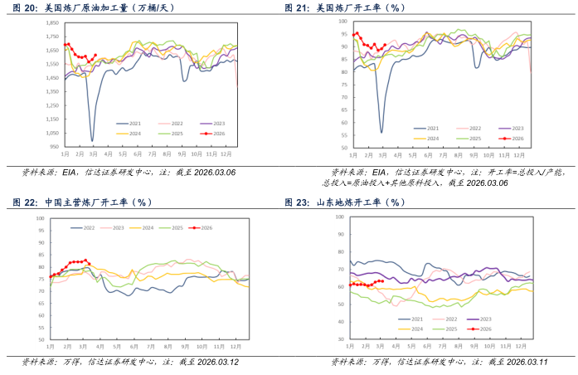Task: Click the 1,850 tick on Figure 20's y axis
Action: [x=51, y=22]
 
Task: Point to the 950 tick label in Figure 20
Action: [x=53, y=147]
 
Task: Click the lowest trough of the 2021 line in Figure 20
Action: [x=91, y=140]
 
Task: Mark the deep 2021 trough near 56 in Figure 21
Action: [x=381, y=132]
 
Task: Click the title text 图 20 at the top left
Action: [x=23, y=7]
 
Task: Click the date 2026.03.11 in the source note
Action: [x=522, y=362]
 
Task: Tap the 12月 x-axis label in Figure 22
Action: [x=236, y=345]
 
